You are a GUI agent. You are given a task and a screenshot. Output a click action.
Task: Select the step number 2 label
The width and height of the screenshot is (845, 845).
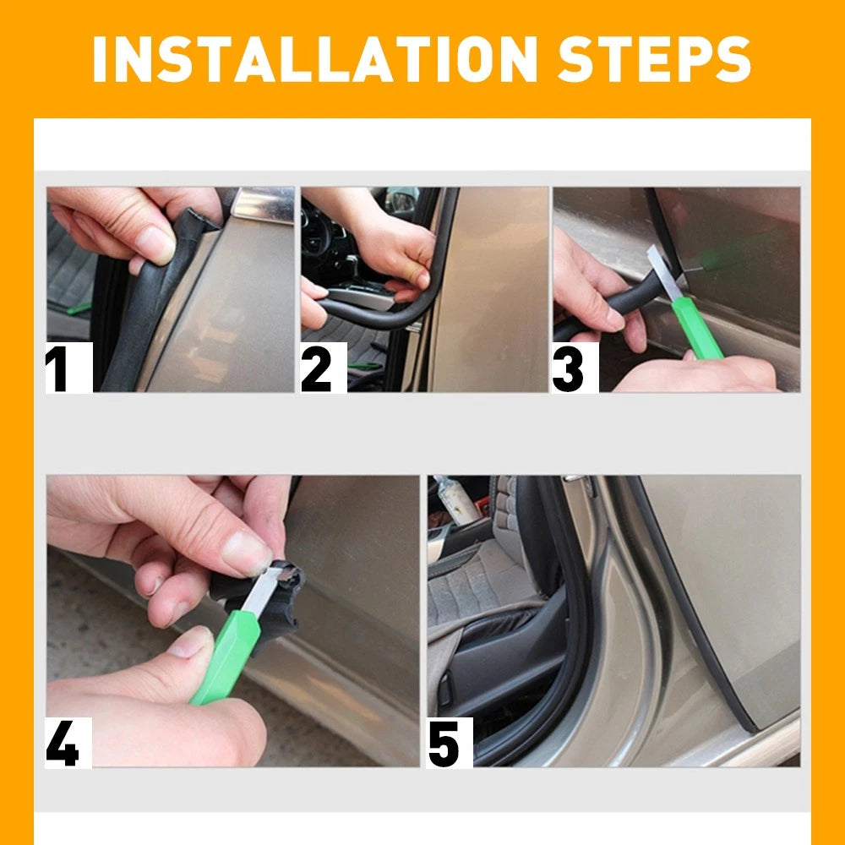(319, 368)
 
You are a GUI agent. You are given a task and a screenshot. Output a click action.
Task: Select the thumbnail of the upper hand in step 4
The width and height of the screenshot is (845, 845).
(246, 553)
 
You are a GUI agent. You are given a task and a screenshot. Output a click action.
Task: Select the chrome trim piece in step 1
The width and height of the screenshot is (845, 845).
(262, 203)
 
